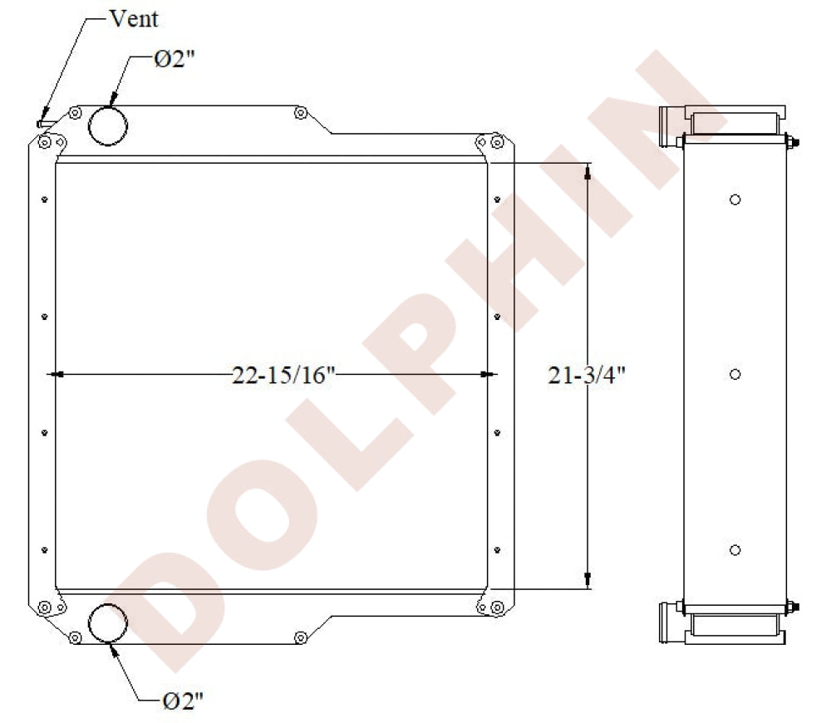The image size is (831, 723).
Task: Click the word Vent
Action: pos(134,18)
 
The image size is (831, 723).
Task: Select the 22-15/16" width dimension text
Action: pos(284,375)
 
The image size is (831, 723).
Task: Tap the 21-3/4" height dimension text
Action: pos(587,375)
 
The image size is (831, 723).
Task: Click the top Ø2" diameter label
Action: pos(175,58)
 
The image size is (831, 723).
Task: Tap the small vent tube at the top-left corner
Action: pos(47,124)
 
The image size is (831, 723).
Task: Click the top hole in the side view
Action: pos(735,199)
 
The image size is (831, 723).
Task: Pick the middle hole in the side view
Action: pos(735,374)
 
